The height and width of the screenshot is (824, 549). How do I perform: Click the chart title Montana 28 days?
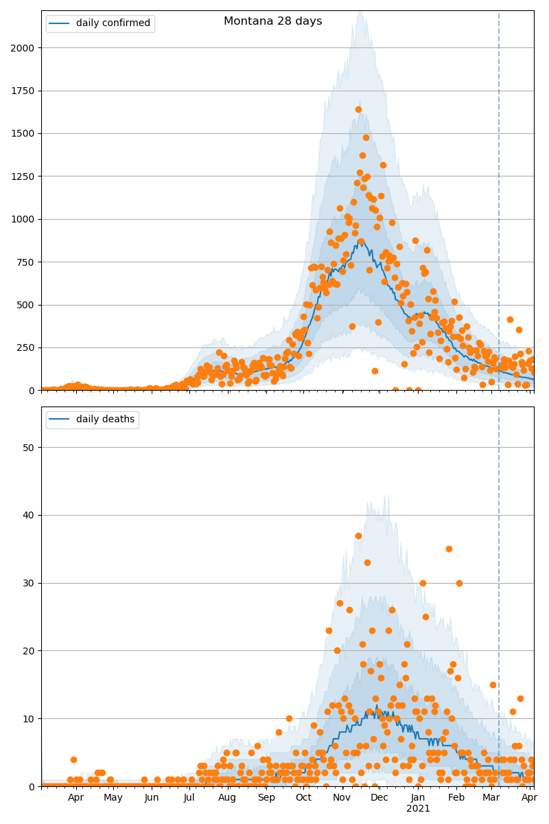pyautogui.click(x=272, y=21)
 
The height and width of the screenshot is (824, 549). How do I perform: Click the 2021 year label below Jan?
pyautogui.click(x=418, y=809)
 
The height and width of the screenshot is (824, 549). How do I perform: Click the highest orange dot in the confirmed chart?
pyautogui.click(x=358, y=109)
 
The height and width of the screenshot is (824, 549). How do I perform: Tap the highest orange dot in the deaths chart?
pyautogui.click(x=358, y=536)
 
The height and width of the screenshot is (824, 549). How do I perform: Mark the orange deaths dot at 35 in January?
pyautogui.click(x=449, y=549)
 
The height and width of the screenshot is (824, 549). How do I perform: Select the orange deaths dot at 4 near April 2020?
pyautogui.click(x=73, y=759)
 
